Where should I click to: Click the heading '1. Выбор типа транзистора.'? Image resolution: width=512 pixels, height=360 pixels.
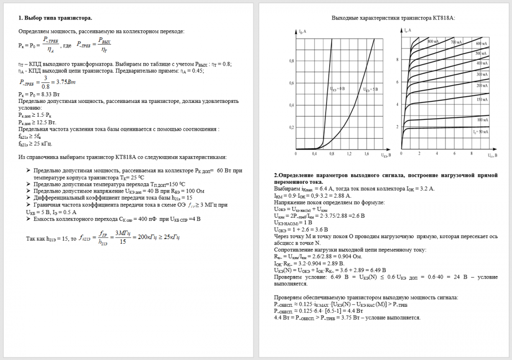pyautogui.click(x=55, y=18)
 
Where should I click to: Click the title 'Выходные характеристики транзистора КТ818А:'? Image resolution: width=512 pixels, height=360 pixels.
pyautogui.click(x=393, y=18)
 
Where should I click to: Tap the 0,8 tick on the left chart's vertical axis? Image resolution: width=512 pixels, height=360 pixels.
pyautogui.click(x=292, y=61)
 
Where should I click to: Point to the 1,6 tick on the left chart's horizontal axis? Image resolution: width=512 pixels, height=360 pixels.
pyautogui.click(x=367, y=154)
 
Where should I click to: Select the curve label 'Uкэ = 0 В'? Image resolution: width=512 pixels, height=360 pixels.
pyautogui.click(x=336, y=89)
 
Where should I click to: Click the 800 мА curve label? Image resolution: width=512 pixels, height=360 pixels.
pyautogui.click(x=433, y=41)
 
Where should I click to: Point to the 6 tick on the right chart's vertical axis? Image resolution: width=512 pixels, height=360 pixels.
pyautogui.click(x=397, y=82)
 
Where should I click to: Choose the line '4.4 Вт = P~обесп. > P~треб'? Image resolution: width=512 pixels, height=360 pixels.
pyautogui.click(x=347, y=317)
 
